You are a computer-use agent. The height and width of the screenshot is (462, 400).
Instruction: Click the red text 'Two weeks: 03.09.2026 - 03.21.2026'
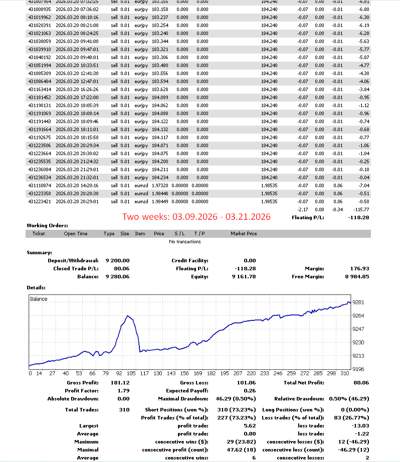click(196, 217)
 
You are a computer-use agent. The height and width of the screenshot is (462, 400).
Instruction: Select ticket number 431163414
click(40, 90)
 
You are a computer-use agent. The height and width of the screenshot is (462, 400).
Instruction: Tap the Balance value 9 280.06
click(117, 276)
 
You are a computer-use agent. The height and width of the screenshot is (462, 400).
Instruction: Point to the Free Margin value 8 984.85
click(355, 276)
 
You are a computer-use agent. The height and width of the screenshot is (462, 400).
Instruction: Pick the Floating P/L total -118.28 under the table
click(358, 218)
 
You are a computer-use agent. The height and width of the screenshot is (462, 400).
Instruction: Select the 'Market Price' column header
click(244, 234)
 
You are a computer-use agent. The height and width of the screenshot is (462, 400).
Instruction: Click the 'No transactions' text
click(185, 242)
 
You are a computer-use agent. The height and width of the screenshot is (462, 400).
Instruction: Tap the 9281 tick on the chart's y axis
click(358, 302)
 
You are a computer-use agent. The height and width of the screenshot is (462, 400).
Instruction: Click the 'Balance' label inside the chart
click(39, 299)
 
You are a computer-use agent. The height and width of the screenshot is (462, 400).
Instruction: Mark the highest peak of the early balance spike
click(128, 316)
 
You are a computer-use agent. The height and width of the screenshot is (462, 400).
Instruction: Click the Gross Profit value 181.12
click(120, 382)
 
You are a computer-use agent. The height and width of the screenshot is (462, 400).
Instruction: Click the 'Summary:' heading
click(39, 253)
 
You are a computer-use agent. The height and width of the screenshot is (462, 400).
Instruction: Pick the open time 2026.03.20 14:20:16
click(77, 186)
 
